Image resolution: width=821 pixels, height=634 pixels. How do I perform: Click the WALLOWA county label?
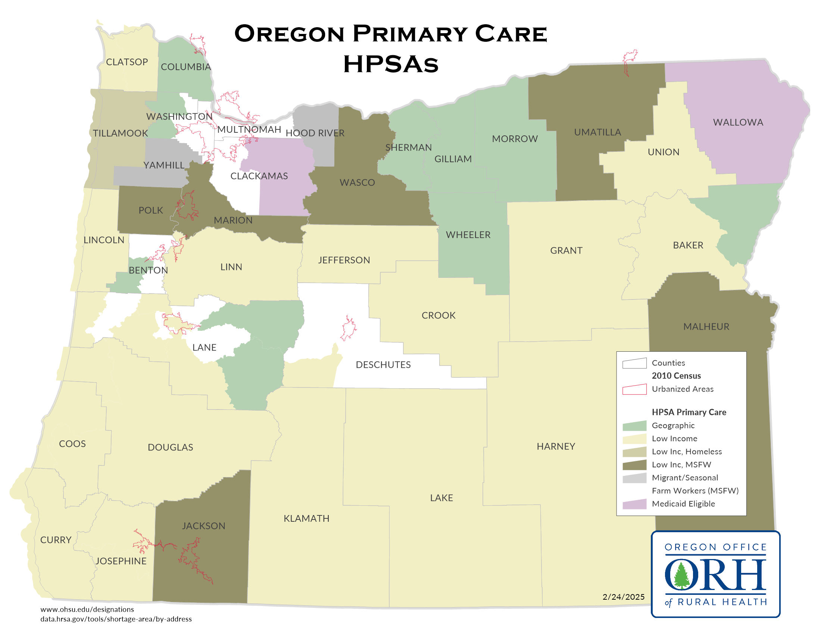pyautogui.click(x=737, y=122)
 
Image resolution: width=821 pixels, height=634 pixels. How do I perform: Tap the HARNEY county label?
pyautogui.click(x=556, y=446)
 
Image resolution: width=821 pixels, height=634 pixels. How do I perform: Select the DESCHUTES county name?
pyautogui.click(x=383, y=365)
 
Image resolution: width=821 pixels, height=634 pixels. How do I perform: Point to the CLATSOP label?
pyautogui.click(x=127, y=62)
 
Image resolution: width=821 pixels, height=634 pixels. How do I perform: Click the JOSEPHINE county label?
pyautogui.click(x=121, y=561)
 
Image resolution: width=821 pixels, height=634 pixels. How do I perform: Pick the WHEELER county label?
pyautogui.click(x=468, y=235)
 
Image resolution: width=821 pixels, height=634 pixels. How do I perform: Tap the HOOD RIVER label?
pyautogui.click(x=315, y=133)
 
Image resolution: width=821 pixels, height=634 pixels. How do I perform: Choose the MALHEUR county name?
pyautogui.click(x=706, y=327)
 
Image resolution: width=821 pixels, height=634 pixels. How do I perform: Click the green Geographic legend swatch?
pyautogui.click(x=634, y=426)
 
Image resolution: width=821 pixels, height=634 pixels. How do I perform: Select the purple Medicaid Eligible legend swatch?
pyautogui.click(x=634, y=504)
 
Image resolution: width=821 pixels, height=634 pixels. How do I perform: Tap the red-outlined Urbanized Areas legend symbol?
pyautogui.click(x=634, y=389)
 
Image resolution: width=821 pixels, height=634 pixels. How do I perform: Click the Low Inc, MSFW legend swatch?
pyautogui.click(x=634, y=465)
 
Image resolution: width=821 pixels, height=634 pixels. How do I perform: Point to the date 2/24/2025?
pyautogui.click(x=623, y=597)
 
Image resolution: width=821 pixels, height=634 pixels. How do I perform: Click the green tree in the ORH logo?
pyautogui.click(x=681, y=575)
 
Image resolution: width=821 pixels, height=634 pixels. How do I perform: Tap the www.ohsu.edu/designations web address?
pyautogui.click(x=87, y=609)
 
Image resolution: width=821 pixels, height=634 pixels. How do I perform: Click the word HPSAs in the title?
pyautogui.click(x=391, y=64)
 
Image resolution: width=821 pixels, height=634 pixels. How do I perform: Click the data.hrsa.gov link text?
pyautogui.click(x=116, y=619)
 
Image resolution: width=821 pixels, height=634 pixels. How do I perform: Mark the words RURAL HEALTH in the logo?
pyautogui.click(x=722, y=602)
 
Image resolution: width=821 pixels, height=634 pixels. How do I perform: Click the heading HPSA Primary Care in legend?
pyautogui.click(x=689, y=412)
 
